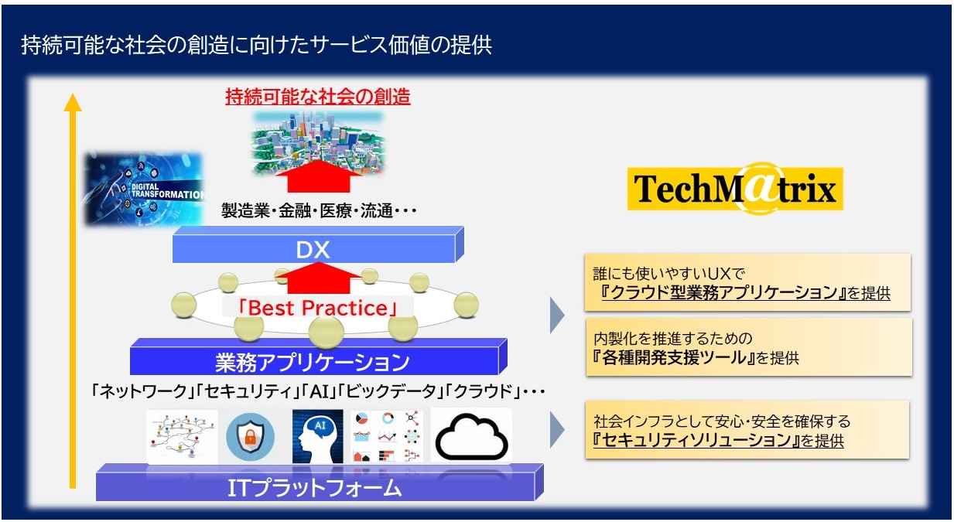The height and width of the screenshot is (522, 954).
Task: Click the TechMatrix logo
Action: coord(735,188)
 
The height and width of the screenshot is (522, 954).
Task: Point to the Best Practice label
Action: coord(318,308)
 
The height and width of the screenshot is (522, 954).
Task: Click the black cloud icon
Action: coord(471,436)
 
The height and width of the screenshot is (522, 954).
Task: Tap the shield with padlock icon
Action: coord(250,436)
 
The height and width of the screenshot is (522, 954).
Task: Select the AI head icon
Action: coord(317,436)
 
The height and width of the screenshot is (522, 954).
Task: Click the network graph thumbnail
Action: coord(182,436)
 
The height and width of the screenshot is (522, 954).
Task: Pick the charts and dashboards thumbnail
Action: coord(387,436)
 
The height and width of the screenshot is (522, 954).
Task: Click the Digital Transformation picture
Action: coord(144,189)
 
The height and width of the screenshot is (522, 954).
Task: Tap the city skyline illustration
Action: coord(318,142)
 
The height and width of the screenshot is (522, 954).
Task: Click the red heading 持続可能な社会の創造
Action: coord(318,97)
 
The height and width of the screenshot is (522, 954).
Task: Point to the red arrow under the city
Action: coord(319,176)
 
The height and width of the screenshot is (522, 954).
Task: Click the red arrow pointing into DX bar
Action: coord(319,278)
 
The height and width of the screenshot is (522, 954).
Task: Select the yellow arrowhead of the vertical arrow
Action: coord(73,103)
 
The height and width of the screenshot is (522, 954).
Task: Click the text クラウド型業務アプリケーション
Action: coord(724,292)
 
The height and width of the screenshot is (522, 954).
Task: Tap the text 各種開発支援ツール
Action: coord(675,357)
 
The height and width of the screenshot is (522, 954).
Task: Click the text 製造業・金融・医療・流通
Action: coord(307,211)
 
